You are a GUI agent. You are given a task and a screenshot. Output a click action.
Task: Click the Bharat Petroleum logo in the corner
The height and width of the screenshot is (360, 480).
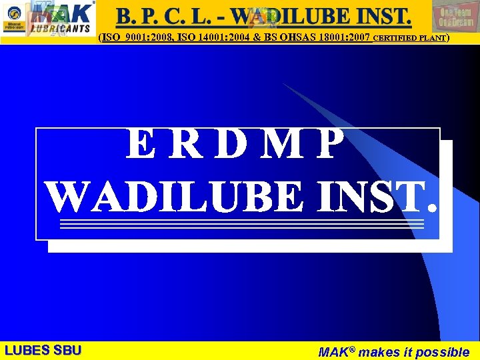point(14,23)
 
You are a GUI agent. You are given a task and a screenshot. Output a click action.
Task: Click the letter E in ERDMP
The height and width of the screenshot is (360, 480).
point(143,145)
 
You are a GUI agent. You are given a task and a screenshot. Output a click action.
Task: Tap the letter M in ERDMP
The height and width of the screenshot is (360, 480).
point(283,145)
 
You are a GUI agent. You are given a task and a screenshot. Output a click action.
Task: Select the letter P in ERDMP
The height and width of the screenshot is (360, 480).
point(331,145)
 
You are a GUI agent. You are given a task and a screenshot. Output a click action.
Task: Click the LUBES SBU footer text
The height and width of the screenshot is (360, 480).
point(43,350)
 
